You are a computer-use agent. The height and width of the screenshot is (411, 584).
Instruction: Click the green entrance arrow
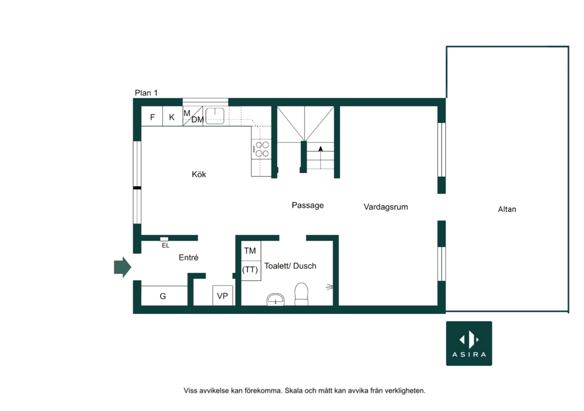coord(123,267)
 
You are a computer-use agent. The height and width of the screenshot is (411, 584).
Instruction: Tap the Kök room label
coord(199,174)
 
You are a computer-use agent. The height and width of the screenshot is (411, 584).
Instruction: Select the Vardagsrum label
coord(386,207)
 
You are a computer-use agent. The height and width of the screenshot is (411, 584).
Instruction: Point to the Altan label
coord(507,209)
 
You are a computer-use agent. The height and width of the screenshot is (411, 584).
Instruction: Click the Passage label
coord(308,205)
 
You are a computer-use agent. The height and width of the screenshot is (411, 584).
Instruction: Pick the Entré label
coord(188,258)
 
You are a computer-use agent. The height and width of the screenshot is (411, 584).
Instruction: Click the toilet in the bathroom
coord(301,294)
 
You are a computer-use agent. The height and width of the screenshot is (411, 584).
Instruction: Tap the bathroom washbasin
coord(276,300)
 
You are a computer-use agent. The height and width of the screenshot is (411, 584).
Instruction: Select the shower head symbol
coord(329,287)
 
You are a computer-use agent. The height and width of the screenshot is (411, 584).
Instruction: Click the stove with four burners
coord(261,149)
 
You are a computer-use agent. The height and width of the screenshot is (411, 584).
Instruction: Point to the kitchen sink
coord(215,116)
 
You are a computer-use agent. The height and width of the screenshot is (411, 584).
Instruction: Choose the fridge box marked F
coord(152,116)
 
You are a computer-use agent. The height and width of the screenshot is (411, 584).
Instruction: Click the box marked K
coord(173,116)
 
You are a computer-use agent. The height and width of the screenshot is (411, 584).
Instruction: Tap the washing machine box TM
coord(250,251)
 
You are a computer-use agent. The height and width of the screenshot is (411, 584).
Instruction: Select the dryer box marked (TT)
coord(250,270)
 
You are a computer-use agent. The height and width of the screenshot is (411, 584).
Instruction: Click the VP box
coord(223,296)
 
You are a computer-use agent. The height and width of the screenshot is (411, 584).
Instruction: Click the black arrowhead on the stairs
coord(320,149)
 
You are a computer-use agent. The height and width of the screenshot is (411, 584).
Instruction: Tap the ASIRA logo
coord(469,343)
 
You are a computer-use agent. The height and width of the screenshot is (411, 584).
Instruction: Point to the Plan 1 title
coord(146,93)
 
